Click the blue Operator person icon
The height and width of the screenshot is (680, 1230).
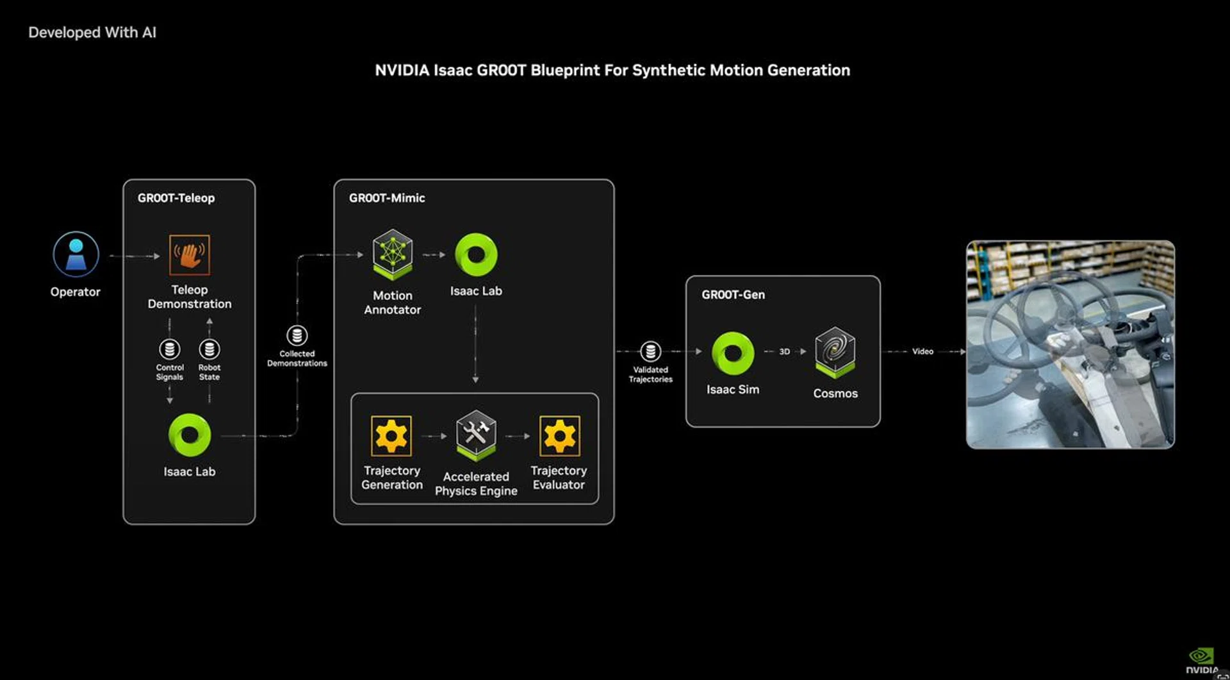(76, 254)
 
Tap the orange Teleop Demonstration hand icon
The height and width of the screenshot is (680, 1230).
(189, 254)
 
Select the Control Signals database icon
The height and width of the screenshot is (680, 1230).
(169, 349)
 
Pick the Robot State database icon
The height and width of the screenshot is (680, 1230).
(209, 349)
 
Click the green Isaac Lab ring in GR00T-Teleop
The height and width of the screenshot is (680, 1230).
(189, 435)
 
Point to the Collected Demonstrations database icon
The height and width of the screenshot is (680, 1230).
(297, 335)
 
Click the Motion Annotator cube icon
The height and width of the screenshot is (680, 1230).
(393, 254)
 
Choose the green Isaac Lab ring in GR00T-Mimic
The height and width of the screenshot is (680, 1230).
(476, 254)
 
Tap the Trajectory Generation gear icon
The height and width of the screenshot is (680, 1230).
(391, 436)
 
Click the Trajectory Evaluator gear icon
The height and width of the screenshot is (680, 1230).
(559, 436)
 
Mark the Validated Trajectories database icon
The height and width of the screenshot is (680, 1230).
(650, 351)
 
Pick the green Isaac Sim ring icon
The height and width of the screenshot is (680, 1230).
(733, 353)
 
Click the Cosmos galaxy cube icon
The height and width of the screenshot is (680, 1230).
(835, 352)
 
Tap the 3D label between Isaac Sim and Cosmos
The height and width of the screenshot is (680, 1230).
(785, 351)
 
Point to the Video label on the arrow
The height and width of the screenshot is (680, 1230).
(922, 351)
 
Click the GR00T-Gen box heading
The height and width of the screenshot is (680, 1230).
(733, 295)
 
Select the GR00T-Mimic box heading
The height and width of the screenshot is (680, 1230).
(386, 198)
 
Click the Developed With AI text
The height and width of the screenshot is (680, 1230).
(92, 33)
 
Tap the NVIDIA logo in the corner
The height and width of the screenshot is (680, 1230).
(1201, 661)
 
